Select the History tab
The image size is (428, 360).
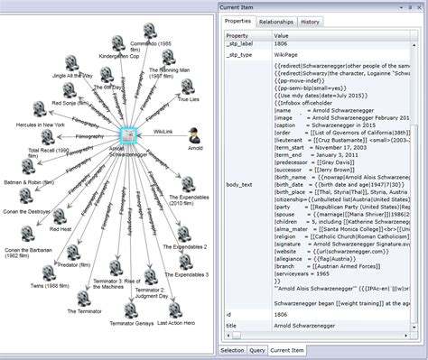click(311, 21)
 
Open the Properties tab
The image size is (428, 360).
click(237, 21)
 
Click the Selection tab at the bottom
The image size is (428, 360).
click(232, 349)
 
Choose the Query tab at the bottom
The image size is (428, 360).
click(257, 349)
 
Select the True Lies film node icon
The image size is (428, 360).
click(188, 88)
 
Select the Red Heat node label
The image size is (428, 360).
click(61, 229)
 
